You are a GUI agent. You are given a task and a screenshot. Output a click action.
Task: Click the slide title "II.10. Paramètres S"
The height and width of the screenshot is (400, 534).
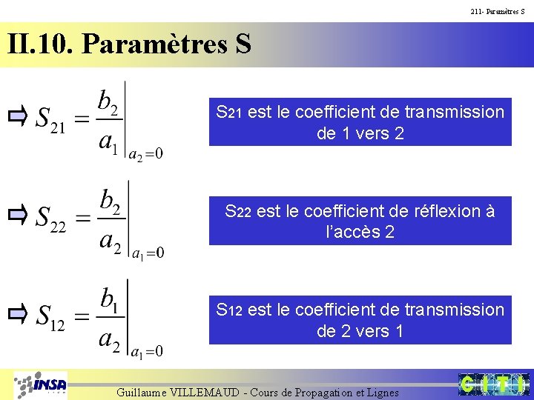tap(130, 44)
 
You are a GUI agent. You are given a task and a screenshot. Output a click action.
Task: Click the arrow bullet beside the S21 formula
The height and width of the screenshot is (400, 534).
tap(18, 116)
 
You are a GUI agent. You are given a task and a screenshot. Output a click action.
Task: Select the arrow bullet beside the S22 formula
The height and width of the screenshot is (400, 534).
tap(18, 216)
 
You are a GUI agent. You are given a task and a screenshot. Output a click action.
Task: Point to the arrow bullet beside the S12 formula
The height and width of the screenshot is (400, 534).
tap(18, 314)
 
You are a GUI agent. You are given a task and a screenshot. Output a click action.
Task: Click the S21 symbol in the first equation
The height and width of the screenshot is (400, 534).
tap(51, 119)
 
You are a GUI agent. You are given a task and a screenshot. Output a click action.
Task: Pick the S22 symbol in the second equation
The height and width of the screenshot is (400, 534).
tap(51, 219)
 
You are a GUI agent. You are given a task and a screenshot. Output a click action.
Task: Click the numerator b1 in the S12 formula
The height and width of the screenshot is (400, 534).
tap(109, 300)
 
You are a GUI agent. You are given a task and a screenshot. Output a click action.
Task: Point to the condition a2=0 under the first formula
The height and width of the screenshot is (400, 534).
tap(146, 155)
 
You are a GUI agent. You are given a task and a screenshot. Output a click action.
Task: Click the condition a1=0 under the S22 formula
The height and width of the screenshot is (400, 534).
tap(147, 253)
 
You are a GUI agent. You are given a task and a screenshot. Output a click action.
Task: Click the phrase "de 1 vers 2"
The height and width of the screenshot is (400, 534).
tap(360, 134)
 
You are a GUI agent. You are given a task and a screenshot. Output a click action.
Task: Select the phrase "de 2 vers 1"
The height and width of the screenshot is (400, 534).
tap(360, 331)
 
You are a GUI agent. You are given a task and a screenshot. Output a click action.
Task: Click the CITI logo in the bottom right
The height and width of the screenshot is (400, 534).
tap(492, 384)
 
